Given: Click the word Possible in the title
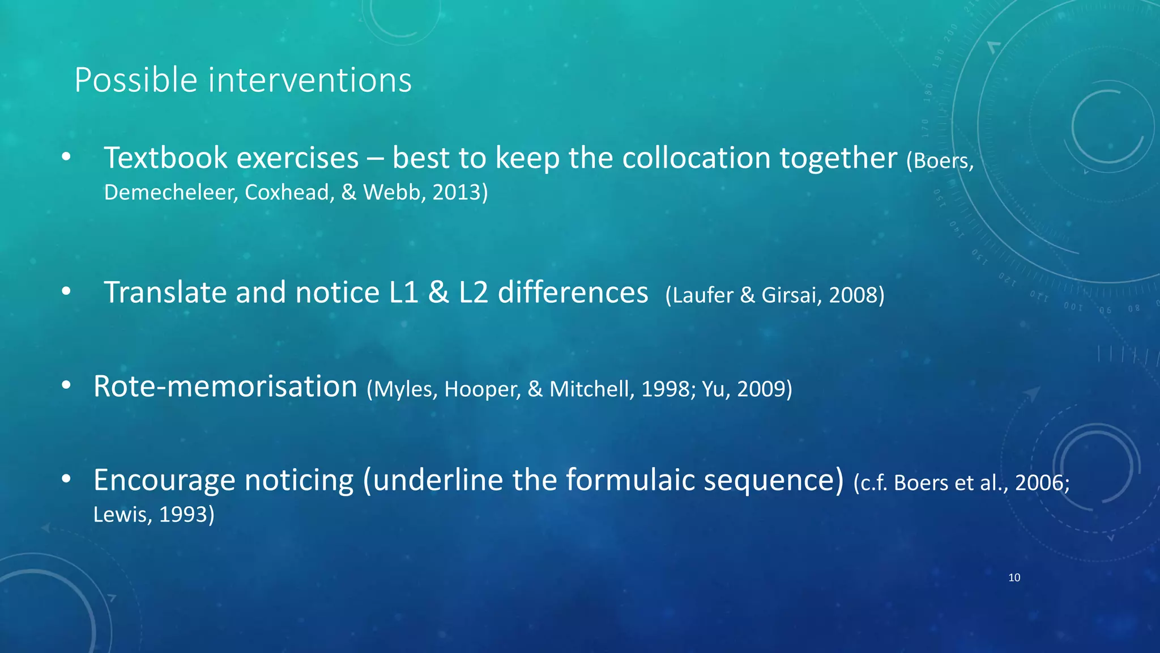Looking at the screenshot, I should [x=136, y=80].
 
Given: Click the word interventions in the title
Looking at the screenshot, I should [x=310, y=80].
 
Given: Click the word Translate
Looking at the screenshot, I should [x=165, y=292].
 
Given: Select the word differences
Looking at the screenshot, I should [x=573, y=292].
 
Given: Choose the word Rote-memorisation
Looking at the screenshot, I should [x=225, y=387].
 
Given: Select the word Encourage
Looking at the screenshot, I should [x=164, y=480].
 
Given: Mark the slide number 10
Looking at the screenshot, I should [x=1014, y=578].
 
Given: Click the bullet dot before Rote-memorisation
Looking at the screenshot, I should [x=66, y=385].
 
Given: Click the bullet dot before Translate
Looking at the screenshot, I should [x=66, y=291].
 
